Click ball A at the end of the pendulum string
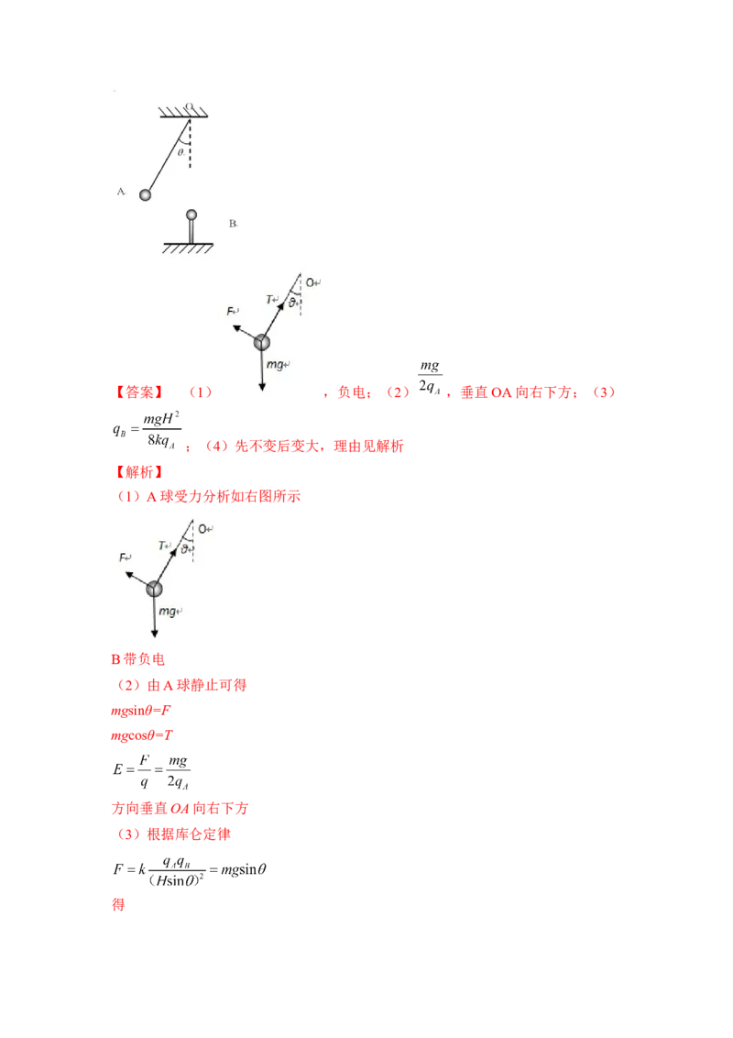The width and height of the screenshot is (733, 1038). (145, 194)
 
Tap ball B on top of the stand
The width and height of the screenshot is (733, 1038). (191, 215)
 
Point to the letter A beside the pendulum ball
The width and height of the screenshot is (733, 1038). (121, 192)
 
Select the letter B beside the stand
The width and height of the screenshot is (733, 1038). (233, 224)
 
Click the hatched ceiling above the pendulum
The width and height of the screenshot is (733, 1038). (183, 112)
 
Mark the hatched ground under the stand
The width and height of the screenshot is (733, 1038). (188, 248)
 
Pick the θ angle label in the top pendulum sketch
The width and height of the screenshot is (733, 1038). (180, 152)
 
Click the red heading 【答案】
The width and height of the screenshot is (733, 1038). (139, 392)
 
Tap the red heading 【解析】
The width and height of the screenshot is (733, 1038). (139, 472)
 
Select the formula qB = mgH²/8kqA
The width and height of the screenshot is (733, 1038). (147, 431)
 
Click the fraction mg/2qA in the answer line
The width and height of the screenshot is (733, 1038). (430, 378)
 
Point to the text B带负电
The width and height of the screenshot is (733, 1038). (137, 659)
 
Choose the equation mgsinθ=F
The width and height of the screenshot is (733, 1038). (140, 711)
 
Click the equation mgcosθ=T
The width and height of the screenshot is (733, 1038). (142, 735)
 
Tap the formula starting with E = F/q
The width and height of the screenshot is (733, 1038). (151, 771)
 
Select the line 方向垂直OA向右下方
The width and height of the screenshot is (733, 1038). (180, 808)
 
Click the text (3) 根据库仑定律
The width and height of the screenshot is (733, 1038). (173, 834)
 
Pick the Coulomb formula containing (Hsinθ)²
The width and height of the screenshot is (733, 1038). (190, 870)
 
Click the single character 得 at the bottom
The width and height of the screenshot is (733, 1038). (118, 904)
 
